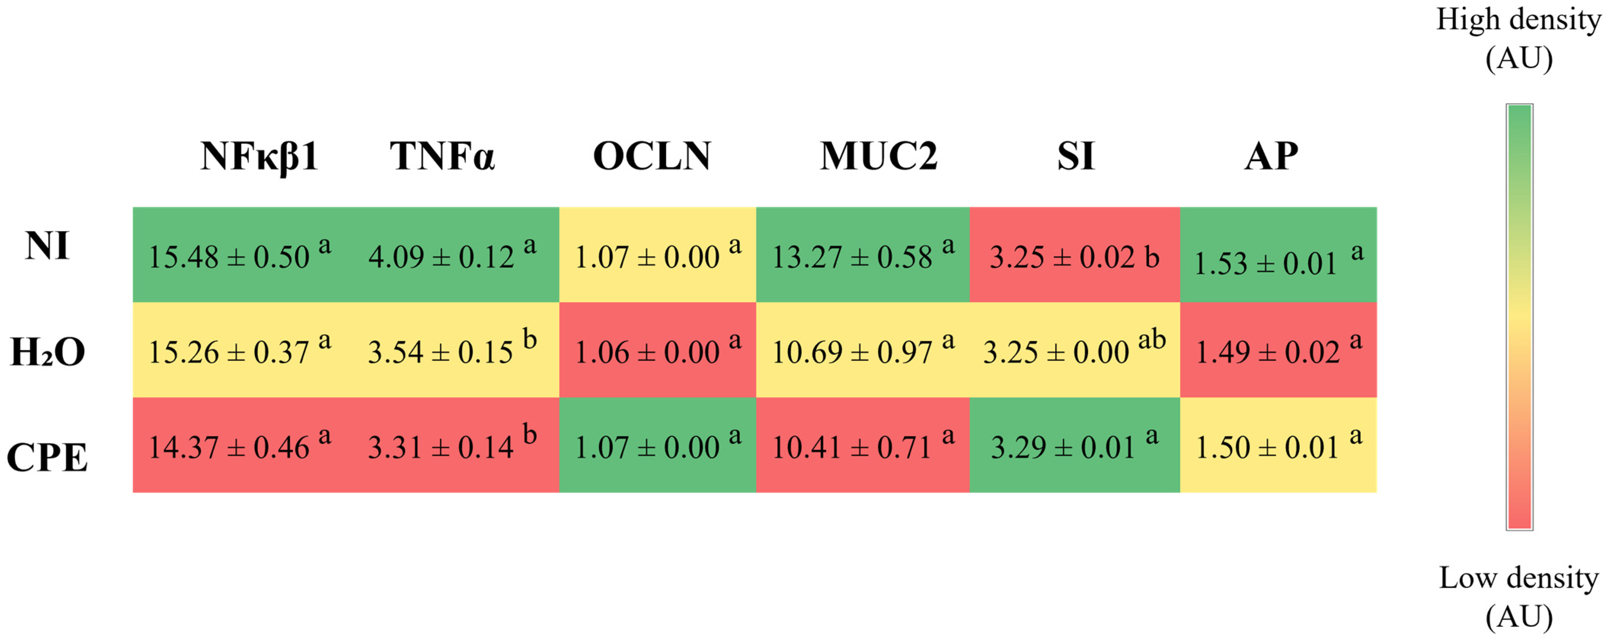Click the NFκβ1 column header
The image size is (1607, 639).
[259, 156]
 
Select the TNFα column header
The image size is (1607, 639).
[442, 156]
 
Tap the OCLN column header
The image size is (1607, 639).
[652, 156]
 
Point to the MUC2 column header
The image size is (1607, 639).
[879, 156]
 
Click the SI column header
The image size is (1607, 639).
[1075, 156]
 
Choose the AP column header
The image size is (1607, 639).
[1272, 156]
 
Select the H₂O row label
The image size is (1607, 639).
[48, 352]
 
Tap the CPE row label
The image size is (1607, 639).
[48, 457]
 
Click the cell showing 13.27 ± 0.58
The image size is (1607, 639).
[863, 256]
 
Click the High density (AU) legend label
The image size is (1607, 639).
[1518, 39]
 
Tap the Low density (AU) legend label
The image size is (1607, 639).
[1518, 597]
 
